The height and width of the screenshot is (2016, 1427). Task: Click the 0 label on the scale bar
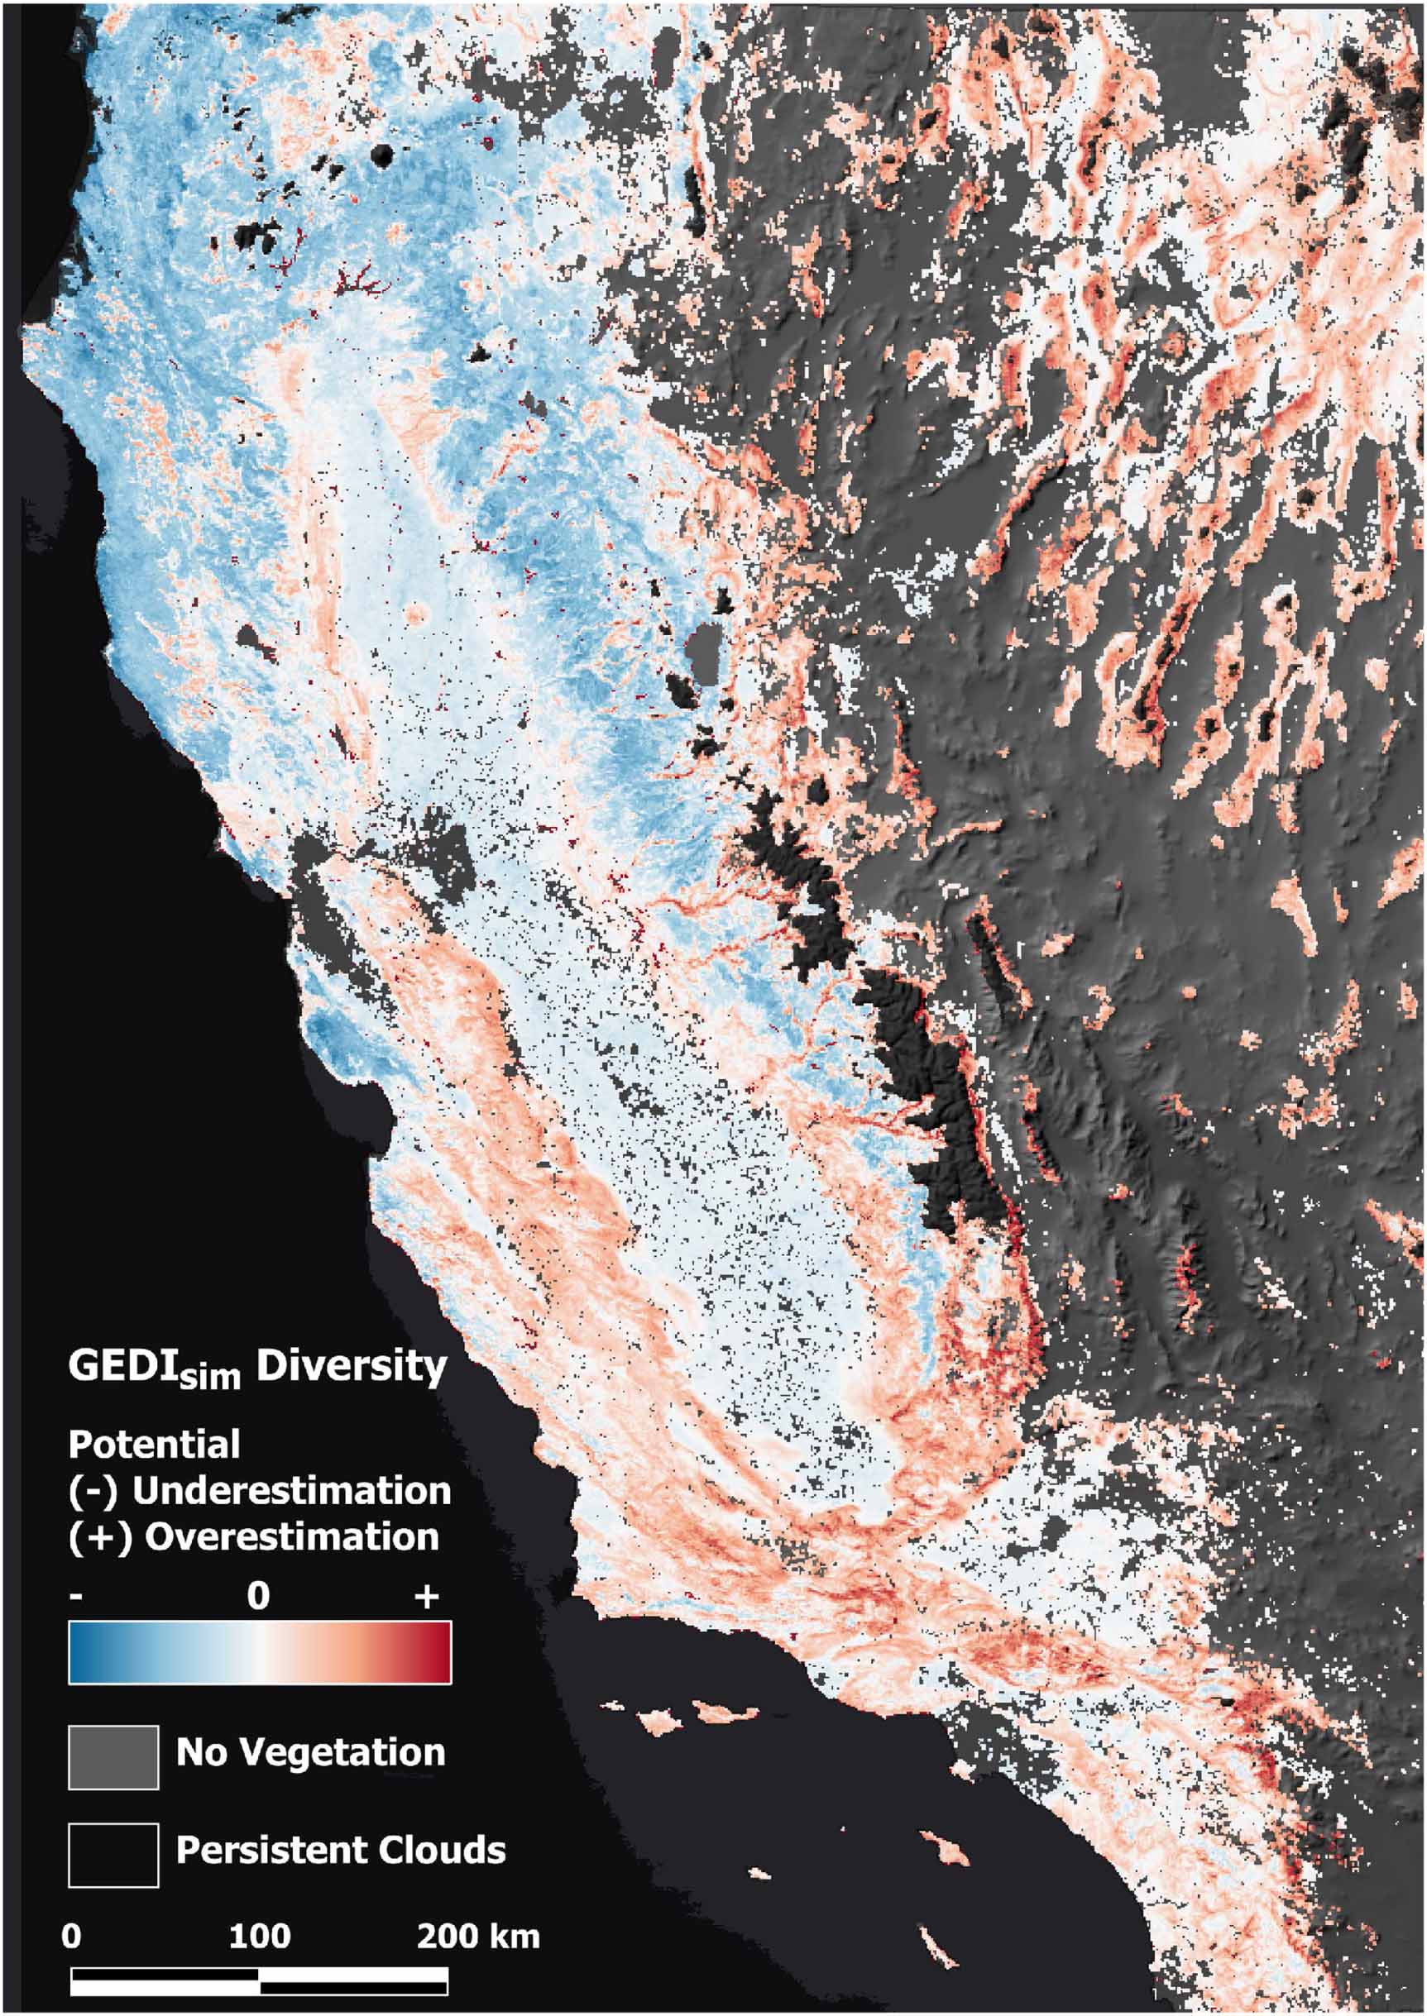pos(71,1935)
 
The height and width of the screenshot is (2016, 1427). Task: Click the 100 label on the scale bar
pos(260,1935)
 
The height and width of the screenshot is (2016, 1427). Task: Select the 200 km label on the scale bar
pos(478,1935)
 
